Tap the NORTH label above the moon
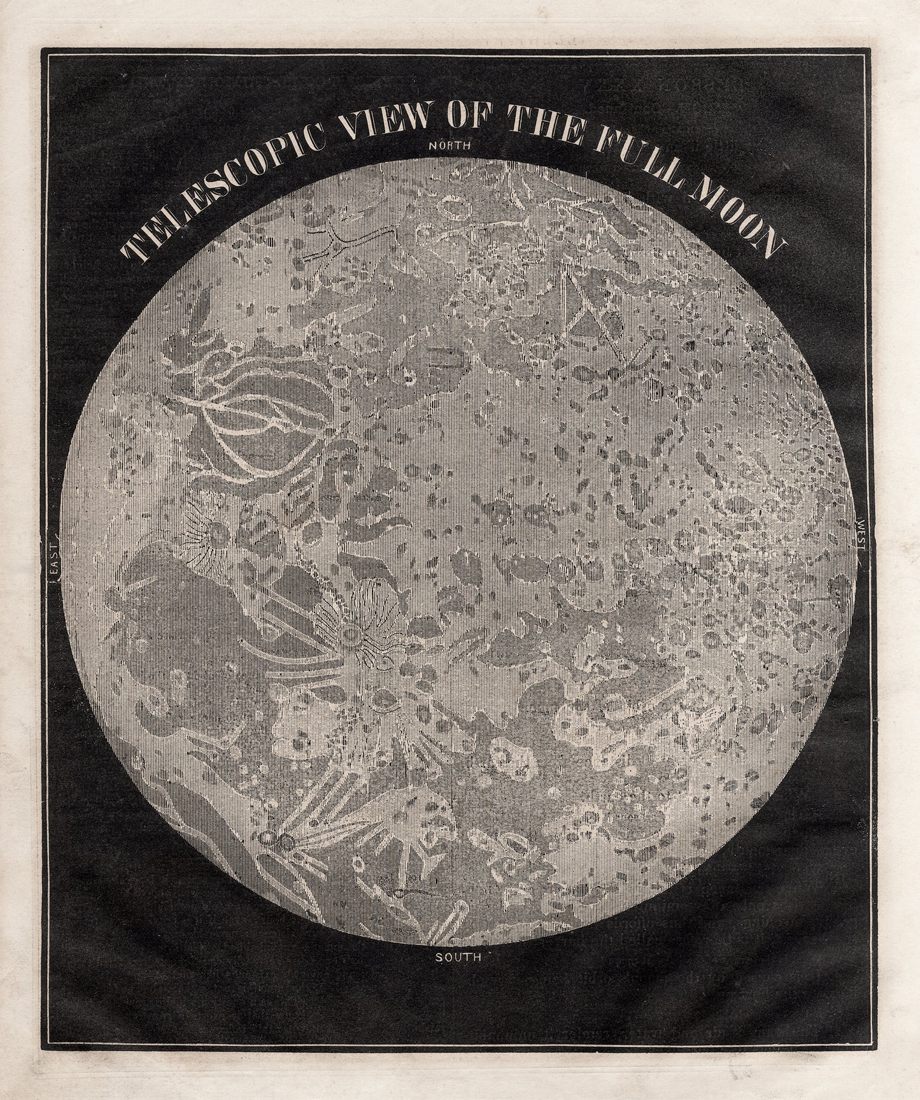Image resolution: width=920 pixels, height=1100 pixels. [450, 145]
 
